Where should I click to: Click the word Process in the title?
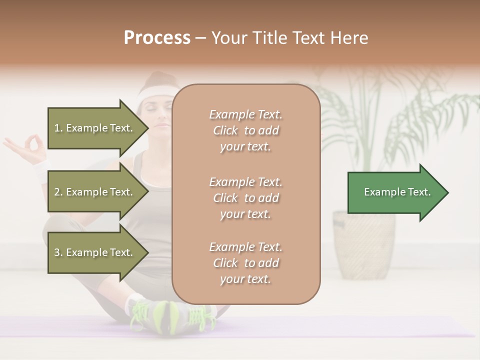[157, 38]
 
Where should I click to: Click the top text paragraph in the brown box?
[245, 130]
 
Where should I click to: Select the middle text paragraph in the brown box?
[245, 198]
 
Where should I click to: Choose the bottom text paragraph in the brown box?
[245, 263]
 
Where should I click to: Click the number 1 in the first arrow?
[57, 128]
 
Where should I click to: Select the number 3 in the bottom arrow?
[57, 252]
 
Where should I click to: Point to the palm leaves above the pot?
[380, 115]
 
